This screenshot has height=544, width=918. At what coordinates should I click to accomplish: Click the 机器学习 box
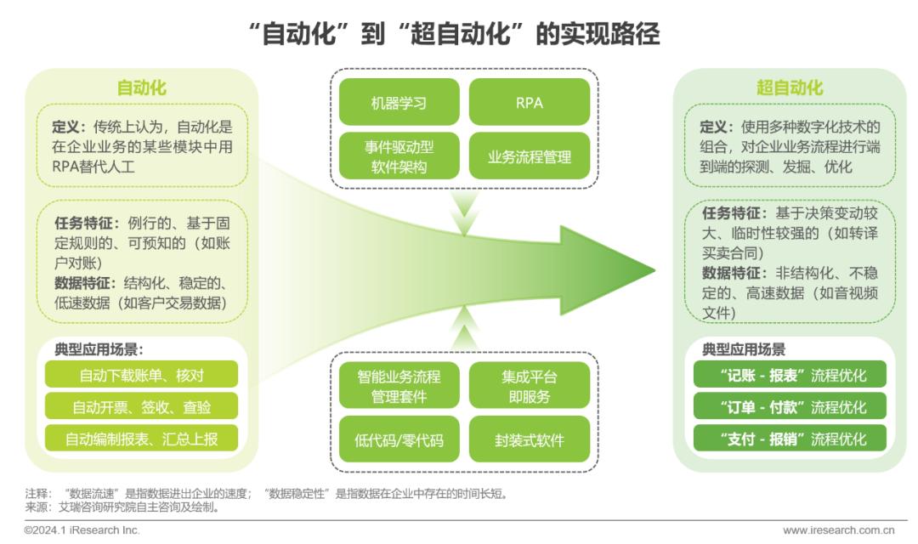click(x=399, y=102)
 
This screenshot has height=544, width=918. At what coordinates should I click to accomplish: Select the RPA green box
click(x=530, y=102)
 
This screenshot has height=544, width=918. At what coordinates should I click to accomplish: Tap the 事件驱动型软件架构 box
click(x=399, y=156)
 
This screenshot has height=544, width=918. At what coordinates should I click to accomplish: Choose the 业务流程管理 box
click(x=530, y=156)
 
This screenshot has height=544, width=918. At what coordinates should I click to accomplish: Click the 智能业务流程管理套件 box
click(x=399, y=385)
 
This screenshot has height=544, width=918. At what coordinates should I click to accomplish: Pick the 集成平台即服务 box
click(x=530, y=385)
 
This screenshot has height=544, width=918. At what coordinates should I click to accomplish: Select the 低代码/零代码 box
click(x=399, y=439)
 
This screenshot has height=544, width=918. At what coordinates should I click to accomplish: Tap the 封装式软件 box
click(x=530, y=439)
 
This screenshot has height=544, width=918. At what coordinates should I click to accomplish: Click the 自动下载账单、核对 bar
click(x=142, y=375)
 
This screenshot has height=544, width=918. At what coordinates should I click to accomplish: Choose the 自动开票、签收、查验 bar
click(x=142, y=406)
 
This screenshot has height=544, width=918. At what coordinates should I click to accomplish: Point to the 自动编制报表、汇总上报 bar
click(x=142, y=439)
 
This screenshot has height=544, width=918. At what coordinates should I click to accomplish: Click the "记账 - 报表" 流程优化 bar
click(x=790, y=375)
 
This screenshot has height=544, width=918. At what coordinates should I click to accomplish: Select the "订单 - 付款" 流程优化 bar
click(x=790, y=406)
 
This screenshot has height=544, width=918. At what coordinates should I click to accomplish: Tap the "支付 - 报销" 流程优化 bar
click(x=790, y=439)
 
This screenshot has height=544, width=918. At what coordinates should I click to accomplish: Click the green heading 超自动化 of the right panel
click(x=790, y=88)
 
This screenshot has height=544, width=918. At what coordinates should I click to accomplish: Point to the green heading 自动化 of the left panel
click(x=142, y=88)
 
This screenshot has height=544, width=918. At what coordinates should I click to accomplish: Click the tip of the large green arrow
click(x=655, y=270)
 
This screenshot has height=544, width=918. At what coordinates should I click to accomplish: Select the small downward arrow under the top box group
click(x=465, y=213)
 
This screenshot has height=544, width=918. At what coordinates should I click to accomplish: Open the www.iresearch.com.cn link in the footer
click(x=838, y=530)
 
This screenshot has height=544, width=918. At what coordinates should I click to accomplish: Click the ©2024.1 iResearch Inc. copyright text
click(x=82, y=530)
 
